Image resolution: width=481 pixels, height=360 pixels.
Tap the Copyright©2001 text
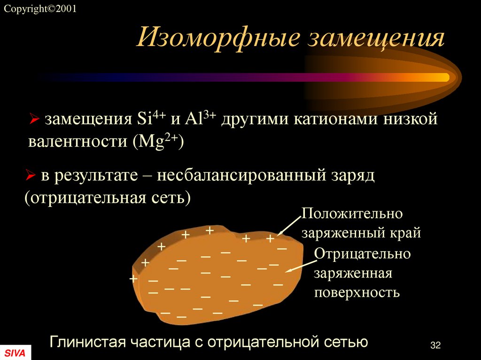(40, 9)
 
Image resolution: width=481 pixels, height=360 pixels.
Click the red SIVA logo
(15, 353)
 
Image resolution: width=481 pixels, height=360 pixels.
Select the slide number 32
(435, 345)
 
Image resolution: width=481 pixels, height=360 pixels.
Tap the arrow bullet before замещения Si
(33, 121)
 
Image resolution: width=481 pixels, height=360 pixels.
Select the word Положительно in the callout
(352, 214)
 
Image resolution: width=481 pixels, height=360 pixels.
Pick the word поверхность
(357, 292)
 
